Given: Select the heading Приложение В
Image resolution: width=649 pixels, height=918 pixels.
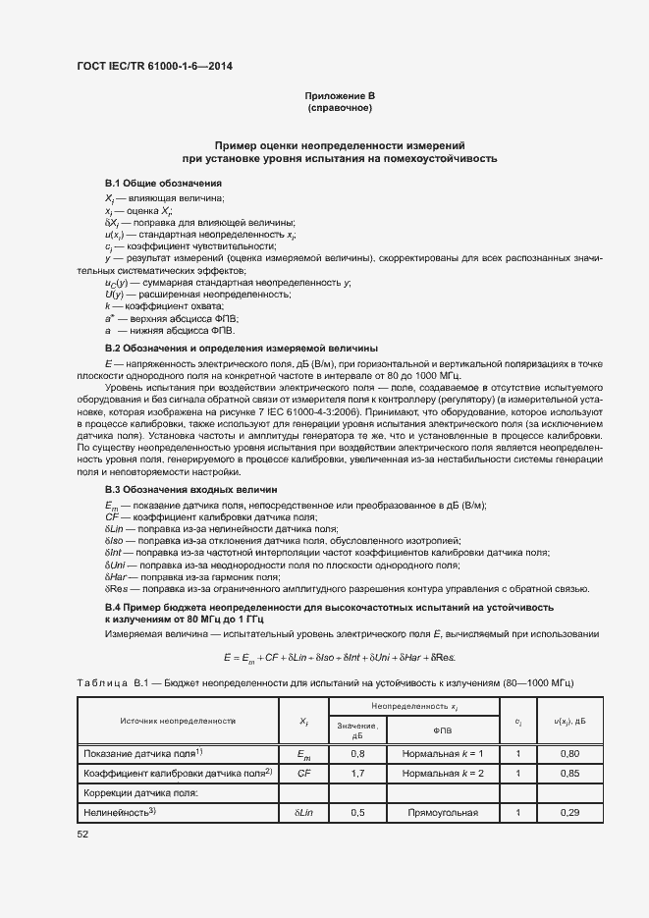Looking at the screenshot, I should click(x=340, y=95).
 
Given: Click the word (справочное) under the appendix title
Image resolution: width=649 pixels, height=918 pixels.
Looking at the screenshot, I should click(x=340, y=107).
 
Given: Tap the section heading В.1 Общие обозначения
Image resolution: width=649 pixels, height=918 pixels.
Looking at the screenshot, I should click(x=163, y=184).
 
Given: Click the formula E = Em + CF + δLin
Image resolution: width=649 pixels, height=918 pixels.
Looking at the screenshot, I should click(x=340, y=657).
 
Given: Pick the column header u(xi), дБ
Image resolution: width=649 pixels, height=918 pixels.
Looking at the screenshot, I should click(x=569, y=721).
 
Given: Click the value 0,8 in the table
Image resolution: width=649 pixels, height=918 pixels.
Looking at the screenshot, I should click(x=357, y=753).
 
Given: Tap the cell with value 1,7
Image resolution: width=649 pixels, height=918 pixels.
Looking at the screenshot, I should click(x=357, y=773).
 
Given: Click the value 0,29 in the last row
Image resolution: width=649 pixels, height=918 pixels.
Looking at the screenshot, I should click(x=569, y=813).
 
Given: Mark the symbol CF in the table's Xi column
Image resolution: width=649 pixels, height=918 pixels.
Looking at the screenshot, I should click(x=303, y=773).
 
